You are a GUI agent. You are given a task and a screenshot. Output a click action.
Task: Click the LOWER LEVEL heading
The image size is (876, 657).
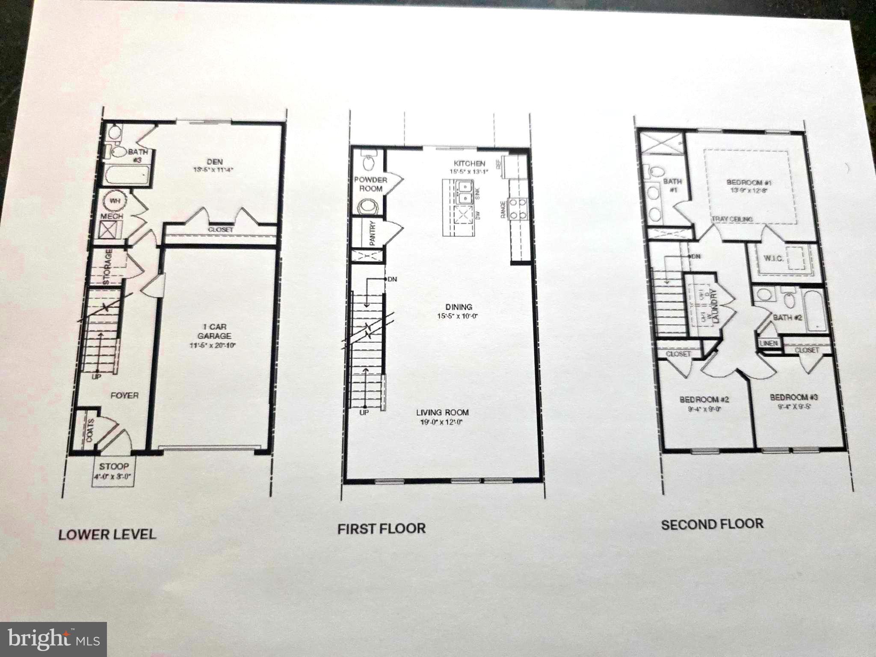coord(107,534)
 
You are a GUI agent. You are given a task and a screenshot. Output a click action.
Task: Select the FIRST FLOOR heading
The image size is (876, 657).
coord(381,529)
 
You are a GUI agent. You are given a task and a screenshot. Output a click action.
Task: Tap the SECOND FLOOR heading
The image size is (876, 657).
coord(712,524)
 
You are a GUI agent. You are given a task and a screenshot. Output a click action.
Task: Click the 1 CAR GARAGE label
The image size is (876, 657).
coord(214,331)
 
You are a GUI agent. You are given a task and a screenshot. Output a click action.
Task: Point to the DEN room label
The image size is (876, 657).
coord(215,162)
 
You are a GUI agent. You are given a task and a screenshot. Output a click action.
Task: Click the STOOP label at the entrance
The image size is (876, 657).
coord(114,466)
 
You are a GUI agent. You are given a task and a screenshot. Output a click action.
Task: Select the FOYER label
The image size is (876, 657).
coord(124,396)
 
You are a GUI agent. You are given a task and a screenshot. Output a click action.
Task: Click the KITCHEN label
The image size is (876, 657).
coord(469,163)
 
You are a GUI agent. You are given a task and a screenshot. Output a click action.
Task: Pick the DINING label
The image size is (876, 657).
coord(459,307)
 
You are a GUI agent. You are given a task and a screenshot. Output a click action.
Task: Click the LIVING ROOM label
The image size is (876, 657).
coord(442,412)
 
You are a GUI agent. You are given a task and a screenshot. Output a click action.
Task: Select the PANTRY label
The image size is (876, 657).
coord(372,233)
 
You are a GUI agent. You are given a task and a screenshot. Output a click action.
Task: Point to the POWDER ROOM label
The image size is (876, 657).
coord(370,184)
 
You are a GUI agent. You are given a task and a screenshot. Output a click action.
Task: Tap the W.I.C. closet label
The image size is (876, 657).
coord(773,258)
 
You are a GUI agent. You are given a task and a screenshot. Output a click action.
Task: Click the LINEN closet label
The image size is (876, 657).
coord(769,343)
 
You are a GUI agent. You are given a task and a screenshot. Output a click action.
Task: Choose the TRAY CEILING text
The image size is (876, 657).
coord(732,219)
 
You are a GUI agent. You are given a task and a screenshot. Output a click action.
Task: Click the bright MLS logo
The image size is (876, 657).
coord(53,639)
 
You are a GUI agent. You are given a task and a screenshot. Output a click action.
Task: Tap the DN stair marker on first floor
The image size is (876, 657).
coord(392,279)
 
